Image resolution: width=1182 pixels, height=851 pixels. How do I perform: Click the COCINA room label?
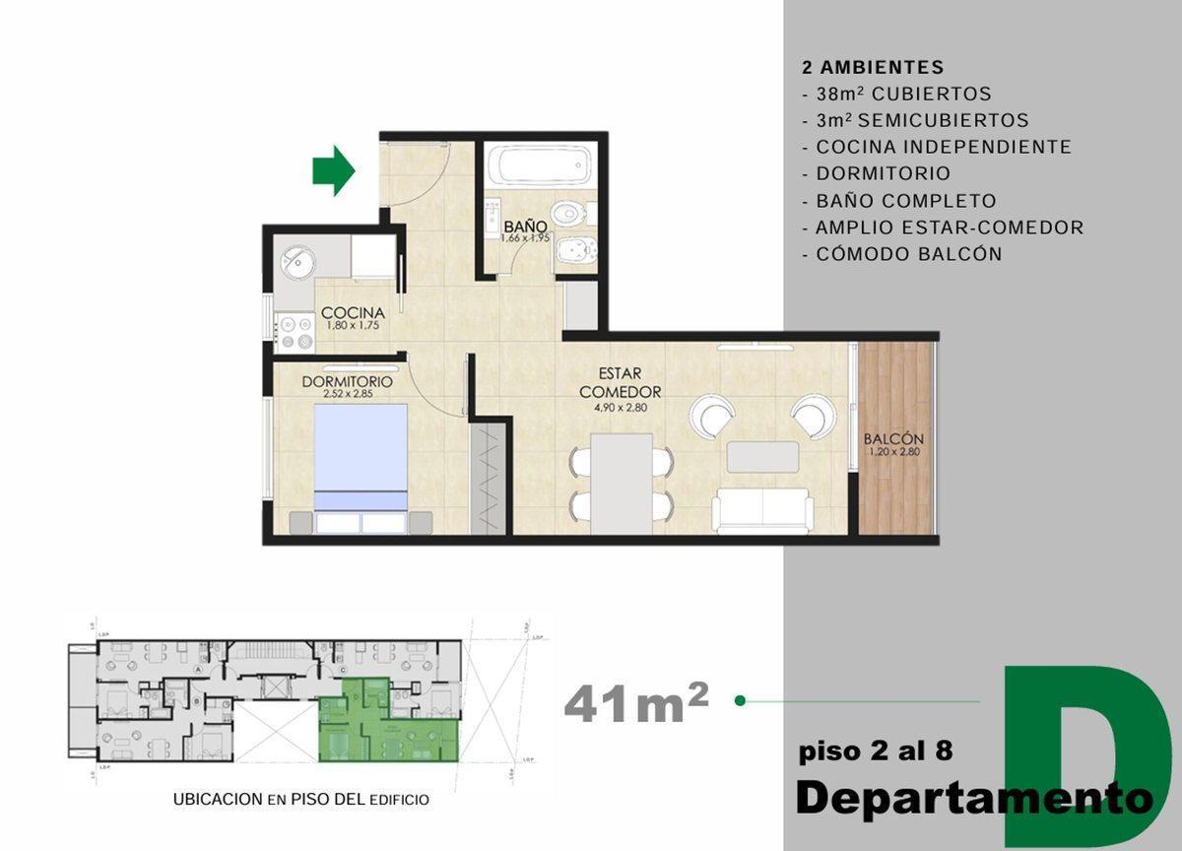tap(352, 313)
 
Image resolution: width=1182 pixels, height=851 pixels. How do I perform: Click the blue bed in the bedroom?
tap(361, 457)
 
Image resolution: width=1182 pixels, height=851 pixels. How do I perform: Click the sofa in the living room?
tap(762, 511)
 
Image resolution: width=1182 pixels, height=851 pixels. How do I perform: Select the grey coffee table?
tap(762, 457)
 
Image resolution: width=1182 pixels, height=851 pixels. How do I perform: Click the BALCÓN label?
tap(892, 439)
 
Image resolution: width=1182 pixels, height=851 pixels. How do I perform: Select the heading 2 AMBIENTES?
tap(873, 68)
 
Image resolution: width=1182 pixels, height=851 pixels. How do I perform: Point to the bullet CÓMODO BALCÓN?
tap(908, 254)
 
